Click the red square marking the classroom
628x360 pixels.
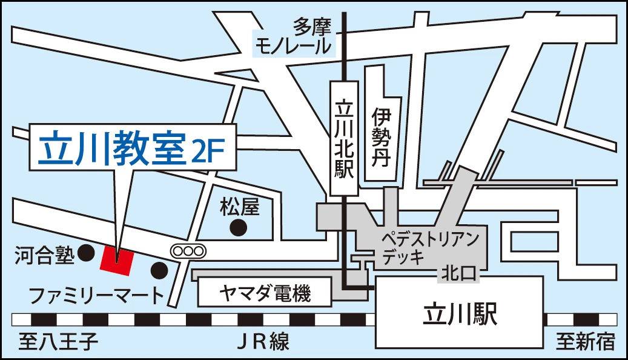(116, 259)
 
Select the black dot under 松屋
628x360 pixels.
(240, 228)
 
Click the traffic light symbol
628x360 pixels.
(188, 249)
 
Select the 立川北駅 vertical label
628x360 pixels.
(343, 139)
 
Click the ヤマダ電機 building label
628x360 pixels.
(264, 295)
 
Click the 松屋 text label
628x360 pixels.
(239, 207)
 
